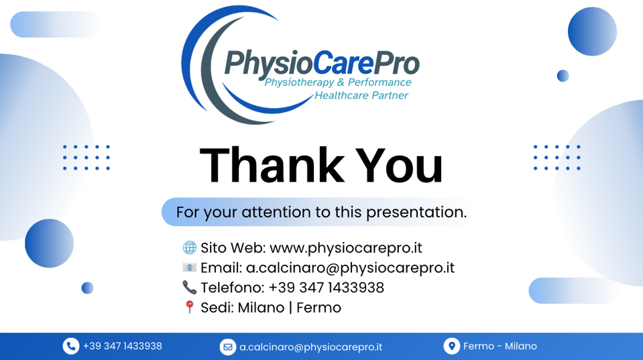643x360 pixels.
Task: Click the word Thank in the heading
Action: [272, 165]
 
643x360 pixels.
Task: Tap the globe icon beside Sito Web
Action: [190, 247]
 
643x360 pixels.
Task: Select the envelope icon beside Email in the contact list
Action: [190, 267]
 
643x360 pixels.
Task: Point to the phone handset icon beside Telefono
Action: [190, 287]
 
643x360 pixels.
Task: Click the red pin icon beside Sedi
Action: [190, 306]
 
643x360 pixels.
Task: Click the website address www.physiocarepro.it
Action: [346, 248]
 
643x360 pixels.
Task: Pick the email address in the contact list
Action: [350, 267]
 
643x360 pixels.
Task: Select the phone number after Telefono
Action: [327, 288]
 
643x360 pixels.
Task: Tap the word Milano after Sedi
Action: [261, 308]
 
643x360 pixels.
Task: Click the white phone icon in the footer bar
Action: [71, 346]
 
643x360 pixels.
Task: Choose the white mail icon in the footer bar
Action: [227, 347]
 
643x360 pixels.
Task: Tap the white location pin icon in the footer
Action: [451, 346]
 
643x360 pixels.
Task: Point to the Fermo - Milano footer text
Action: [500, 346]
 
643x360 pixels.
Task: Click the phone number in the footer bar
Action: [123, 346]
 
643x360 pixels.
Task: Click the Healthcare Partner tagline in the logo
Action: [361, 95]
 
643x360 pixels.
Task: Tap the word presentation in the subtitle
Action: [416, 213]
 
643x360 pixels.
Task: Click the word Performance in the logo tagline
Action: [379, 82]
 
